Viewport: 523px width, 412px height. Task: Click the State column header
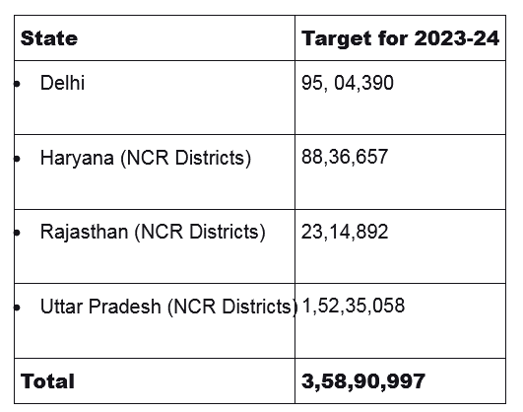point(49,38)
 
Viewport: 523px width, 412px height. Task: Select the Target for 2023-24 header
point(400,38)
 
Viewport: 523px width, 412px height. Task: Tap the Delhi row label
point(62,83)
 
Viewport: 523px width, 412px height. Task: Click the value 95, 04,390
point(348,83)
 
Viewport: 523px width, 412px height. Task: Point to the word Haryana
point(77,158)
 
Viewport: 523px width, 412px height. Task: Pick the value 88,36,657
point(345,157)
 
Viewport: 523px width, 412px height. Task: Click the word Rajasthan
point(84,232)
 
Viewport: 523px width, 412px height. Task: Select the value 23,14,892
point(345,232)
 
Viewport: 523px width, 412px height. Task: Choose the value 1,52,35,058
point(354,306)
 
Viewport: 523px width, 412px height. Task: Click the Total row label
point(47,381)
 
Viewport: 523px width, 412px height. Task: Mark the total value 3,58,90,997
point(363,381)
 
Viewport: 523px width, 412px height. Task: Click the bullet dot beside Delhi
point(17,84)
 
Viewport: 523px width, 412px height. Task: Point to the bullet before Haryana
point(17,159)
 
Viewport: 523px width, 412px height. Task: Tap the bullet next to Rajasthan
point(17,233)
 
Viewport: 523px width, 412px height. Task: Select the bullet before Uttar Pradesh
point(17,308)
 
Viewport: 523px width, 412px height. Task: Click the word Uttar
point(61,307)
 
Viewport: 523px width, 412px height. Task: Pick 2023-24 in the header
point(457,38)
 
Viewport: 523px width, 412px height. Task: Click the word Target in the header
point(337,39)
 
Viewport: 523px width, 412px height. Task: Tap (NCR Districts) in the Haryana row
point(186,158)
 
